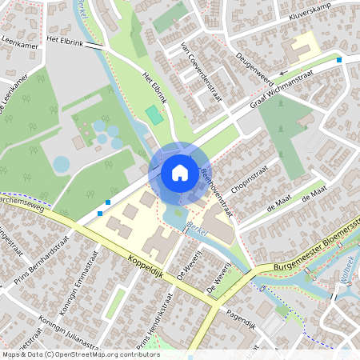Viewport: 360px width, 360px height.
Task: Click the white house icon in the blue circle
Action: pyautogui.click(x=179, y=172)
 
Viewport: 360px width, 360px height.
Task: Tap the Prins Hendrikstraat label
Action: pyautogui.click(x=158, y=319)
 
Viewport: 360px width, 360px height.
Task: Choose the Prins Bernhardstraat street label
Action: pyautogui.click(x=42, y=261)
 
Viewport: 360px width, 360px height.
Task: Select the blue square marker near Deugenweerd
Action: pyautogui.click(x=339, y=59)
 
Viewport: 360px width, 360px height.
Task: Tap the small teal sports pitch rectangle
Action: pyautogui.click(x=154, y=114)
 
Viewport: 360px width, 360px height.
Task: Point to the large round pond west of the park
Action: pyautogui.click(x=62, y=165)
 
